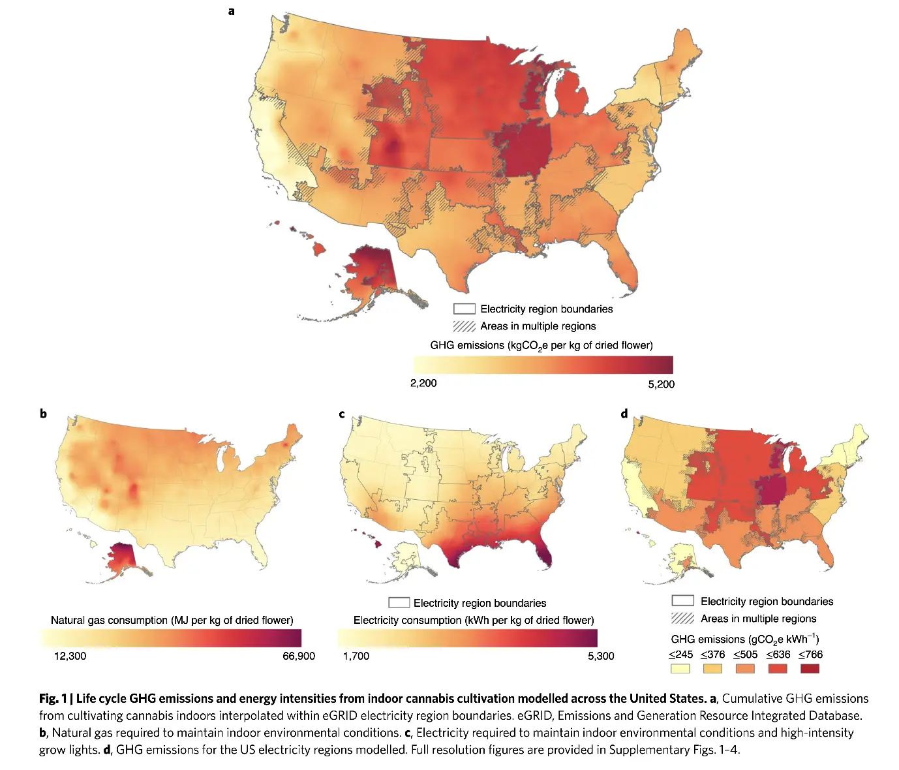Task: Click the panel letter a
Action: pos(232,11)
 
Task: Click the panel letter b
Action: pos(43,413)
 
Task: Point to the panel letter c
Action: pos(342,414)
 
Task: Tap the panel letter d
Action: pos(624,414)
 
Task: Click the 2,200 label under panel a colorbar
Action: pos(423,383)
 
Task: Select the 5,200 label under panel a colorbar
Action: pos(661,384)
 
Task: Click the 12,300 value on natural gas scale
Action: pos(70,656)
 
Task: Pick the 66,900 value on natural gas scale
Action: pos(299,656)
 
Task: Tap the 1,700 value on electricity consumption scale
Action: pos(356,656)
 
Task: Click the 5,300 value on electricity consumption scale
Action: pos(601,656)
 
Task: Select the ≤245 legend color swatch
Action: pos(680,668)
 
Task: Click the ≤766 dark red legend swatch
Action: pos(810,668)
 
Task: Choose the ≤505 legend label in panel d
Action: pos(745,654)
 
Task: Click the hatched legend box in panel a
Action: pos(465,326)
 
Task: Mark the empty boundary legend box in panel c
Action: pos(399,602)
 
